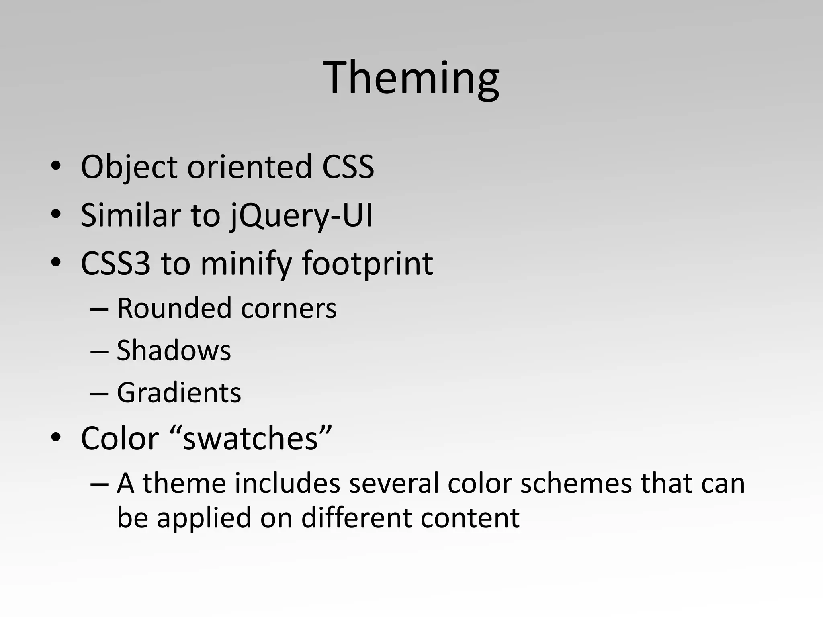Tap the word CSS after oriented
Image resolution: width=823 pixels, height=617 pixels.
[x=348, y=167]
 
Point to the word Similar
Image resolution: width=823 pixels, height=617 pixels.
[x=131, y=215]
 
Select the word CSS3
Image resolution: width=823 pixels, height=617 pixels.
[x=116, y=264]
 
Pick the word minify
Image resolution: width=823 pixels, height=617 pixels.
[x=246, y=264]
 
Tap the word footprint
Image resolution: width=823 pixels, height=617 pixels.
[x=367, y=264]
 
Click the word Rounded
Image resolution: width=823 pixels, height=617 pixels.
[x=174, y=308]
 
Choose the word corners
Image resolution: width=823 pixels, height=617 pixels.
[x=289, y=309]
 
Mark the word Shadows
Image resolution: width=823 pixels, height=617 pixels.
[x=174, y=350]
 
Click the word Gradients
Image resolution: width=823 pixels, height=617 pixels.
[x=179, y=392]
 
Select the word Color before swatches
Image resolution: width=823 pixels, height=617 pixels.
[x=120, y=438]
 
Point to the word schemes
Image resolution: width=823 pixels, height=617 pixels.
[x=576, y=483]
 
